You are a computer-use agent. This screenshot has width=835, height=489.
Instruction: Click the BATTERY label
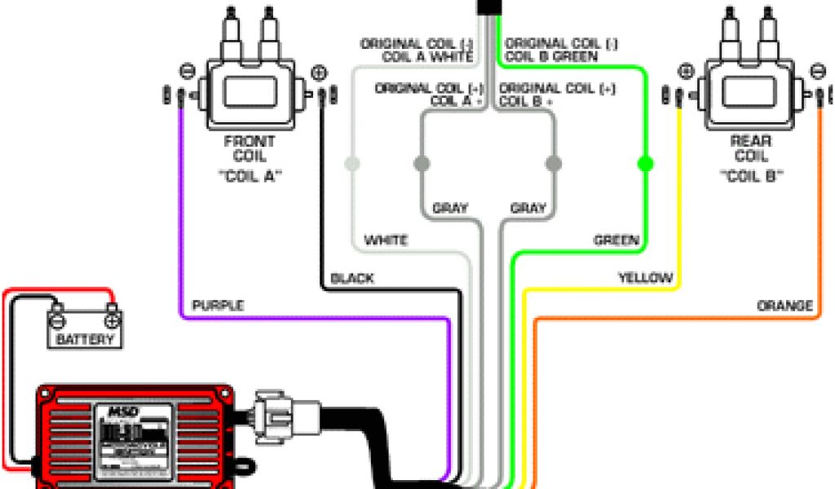point(85,338)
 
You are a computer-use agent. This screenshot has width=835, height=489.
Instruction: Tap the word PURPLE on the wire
point(217,306)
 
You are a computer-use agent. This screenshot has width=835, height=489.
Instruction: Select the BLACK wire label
point(352,279)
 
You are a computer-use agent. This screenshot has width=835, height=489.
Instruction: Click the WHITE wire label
point(386,240)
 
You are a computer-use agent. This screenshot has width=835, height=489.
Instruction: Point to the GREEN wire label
point(616,240)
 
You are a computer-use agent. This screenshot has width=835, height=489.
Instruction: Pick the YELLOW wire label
point(645,279)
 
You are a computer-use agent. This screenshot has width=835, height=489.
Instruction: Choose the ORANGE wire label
point(784,306)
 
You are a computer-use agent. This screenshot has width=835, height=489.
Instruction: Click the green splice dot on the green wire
point(645,164)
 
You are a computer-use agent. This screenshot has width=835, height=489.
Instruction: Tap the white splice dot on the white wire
point(351,164)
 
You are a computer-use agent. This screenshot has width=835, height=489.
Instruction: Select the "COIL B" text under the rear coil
point(750,175)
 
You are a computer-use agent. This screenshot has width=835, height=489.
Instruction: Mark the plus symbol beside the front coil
point(319,72)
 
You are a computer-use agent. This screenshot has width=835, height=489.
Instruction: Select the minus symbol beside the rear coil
point(817,72)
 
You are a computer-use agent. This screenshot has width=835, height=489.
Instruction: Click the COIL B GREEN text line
point(551,56)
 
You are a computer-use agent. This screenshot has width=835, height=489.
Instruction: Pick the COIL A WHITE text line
point(427,56)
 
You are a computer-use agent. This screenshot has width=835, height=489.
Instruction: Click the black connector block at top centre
point(489,6)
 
